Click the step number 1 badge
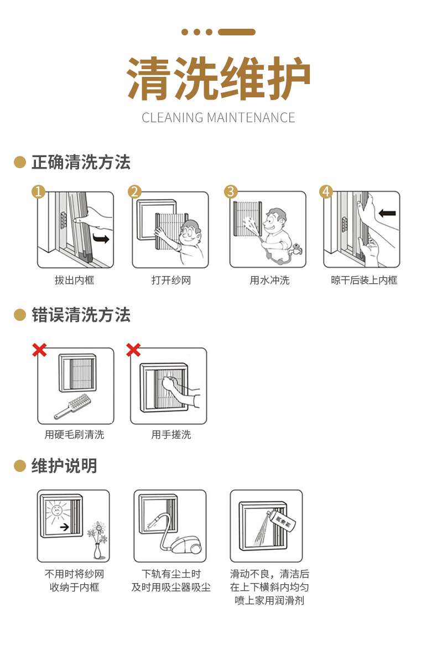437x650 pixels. pos(39,191)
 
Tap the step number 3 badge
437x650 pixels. pos(231,191)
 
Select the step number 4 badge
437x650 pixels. pos(326,191)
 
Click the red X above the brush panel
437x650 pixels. pos(39,350)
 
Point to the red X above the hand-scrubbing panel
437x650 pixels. pos(133,350)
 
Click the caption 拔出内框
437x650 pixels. pos(75,280)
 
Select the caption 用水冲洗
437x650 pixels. pos(269,280)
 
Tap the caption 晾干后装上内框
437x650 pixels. pos(364,280)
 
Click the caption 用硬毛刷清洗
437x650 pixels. pos(75,434)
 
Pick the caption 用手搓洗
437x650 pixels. pos(171,434)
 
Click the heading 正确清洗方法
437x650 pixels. pos(81,162)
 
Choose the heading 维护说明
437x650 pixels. pos(64,466)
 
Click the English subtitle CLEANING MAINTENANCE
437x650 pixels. pos(218,118)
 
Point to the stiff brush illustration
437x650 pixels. pos(73,406)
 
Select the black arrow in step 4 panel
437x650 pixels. pos(387,214)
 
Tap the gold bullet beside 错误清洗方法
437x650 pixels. pos(20,315)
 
